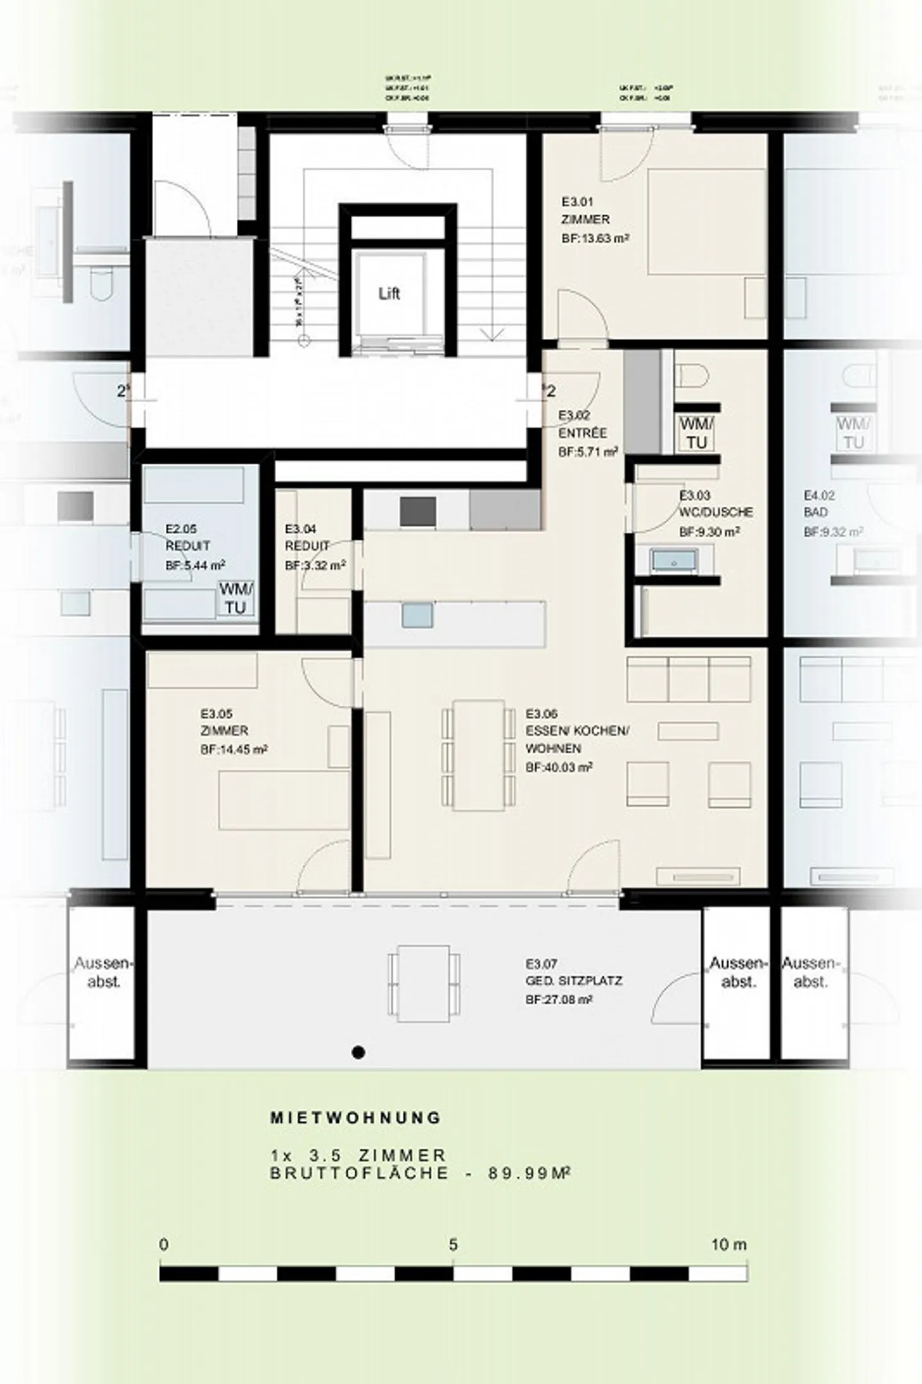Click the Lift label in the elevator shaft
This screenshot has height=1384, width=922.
click(x=389, y=294)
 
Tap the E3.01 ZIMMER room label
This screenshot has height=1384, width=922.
click(x=585, y=211)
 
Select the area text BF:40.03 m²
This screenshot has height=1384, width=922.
click(x=559, y=766)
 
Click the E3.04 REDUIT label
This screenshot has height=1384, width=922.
click(x=307, y=537)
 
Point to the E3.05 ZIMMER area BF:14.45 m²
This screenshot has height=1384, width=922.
click(x=234, y=749)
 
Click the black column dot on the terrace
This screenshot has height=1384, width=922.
click(x=359, y=1052)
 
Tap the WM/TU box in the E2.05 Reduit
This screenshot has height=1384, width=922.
click(x=236, y=598)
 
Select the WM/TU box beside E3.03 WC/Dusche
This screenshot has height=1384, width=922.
click(x=696, y=434)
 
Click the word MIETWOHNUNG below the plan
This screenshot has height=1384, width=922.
click(x=355, y=1118)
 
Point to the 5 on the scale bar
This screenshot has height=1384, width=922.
click(x=453, y=1244)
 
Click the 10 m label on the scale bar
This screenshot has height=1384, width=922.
click(x=729, y=1244)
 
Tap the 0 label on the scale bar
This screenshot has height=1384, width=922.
click(x=164, y=1244)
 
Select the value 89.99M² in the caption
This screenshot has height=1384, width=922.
click(x=530, y=1174)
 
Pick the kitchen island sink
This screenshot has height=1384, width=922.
click(x=417, y=615)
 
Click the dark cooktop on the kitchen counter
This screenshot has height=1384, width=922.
click(x=418, y=512)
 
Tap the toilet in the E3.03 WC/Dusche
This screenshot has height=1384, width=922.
click(x=691, y=375)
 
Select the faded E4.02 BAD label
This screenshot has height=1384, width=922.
click(x=820, y=503)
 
